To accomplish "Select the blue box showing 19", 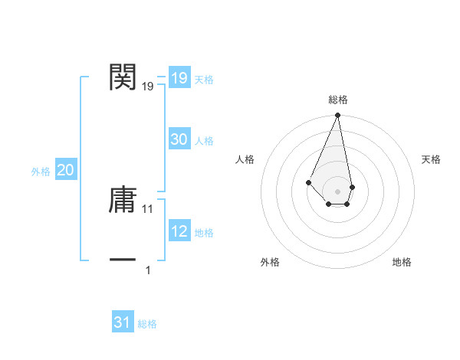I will click(179, 78).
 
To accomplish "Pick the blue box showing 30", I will click(179, 139).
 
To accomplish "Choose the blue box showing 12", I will click(179, 231).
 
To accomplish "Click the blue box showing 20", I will click(65, 171).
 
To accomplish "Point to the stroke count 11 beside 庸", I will click(148, 208).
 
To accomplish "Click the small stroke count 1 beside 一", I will click(148, 270).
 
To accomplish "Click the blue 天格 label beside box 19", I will click(204, 80).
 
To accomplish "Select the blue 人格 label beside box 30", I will click(204, 141).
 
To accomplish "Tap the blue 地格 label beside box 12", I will click(204, 233).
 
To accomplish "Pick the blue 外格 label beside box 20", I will click(41, 172).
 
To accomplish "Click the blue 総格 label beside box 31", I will click(147, 324).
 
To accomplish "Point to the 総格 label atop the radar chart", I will click(337, 100).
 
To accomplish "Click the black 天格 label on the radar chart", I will click(432, 159).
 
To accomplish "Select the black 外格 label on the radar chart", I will click(270, 262).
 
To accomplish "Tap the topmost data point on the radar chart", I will click(337, 116).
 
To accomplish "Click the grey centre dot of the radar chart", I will click(337, 191).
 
